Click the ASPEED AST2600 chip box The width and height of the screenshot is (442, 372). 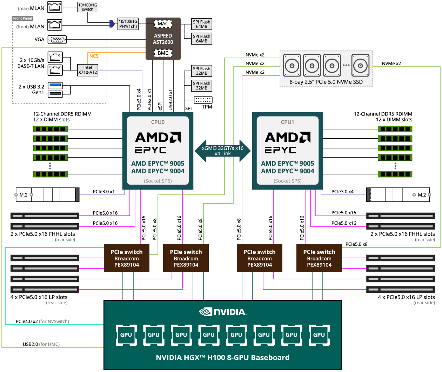(163, 39)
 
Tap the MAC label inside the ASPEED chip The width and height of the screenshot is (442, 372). (163, 24)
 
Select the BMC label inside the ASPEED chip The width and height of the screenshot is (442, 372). (163, 53)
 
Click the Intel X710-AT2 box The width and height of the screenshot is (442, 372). (88, 70)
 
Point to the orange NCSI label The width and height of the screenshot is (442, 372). (94, 56)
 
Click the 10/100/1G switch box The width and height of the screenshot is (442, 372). (88, 7)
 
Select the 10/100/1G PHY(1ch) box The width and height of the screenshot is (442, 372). (128, 24)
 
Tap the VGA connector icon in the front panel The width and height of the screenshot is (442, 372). (57, 40)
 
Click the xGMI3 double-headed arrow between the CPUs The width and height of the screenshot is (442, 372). (223, 151)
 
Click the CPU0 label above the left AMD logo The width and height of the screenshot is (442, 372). (158, 122)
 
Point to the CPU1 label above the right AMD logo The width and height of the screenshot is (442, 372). (288, 122)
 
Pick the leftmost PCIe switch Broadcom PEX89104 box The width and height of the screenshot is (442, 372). (127, 258)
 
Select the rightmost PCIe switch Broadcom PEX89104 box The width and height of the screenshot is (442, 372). (319, 258)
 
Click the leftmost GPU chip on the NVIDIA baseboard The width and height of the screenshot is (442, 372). (126, 335)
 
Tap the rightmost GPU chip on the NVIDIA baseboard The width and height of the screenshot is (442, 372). (319, 335)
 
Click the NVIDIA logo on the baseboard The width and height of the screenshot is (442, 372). (223, 312)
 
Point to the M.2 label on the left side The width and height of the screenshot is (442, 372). (24, 195)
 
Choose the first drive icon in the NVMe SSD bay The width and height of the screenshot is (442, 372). (292, 65)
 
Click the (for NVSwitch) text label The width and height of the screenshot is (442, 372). (54, 321)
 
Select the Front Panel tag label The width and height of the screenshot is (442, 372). (22, 18)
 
